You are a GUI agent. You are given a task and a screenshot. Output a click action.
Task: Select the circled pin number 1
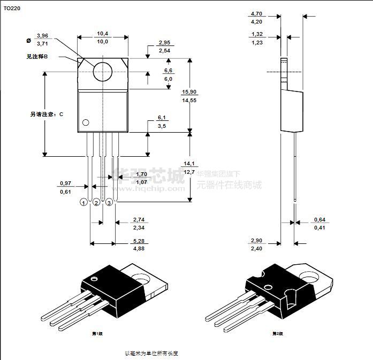[83, 202]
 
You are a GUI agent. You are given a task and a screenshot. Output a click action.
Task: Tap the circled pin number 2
[96, 202]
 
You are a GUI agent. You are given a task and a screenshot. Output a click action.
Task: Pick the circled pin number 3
[109, 202]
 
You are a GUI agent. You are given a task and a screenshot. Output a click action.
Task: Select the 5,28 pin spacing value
[138, 241]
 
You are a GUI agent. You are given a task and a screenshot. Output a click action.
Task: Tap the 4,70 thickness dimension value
[256, 14]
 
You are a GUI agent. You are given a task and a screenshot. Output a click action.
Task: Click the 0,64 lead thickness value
[320, 220]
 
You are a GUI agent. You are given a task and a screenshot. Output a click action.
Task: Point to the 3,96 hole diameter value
[42, 35]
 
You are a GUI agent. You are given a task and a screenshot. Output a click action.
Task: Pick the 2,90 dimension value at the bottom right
[256, 241]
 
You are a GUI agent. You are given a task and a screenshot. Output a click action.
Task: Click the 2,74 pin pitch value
[138, 220]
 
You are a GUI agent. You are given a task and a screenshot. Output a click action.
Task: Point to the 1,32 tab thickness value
[256, 34]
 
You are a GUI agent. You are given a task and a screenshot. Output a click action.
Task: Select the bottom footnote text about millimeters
[151, 353]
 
